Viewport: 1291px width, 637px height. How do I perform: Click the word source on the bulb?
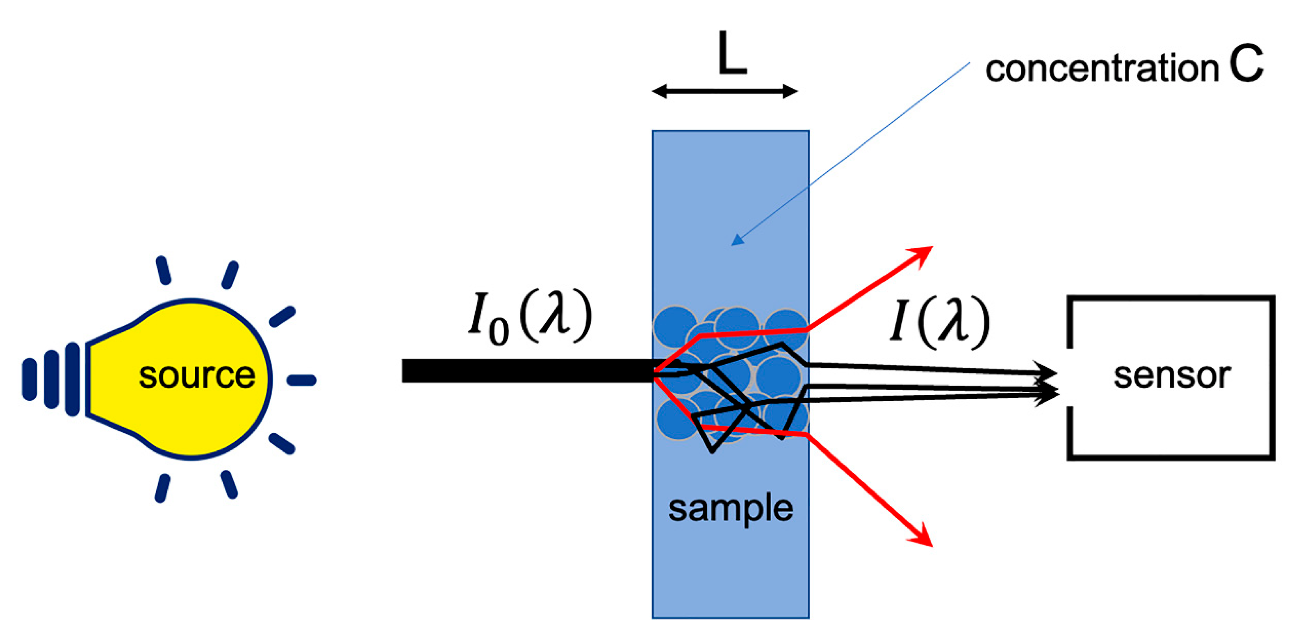point(196,376)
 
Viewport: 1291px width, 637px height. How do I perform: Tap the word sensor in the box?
point(1172,376)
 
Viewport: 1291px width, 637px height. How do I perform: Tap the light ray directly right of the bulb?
point(301,380)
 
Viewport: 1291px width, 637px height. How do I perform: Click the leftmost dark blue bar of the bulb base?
point(29,379)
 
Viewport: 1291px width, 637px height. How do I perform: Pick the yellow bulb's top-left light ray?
point(163,270)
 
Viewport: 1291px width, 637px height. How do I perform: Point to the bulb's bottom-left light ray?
point(162,488)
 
